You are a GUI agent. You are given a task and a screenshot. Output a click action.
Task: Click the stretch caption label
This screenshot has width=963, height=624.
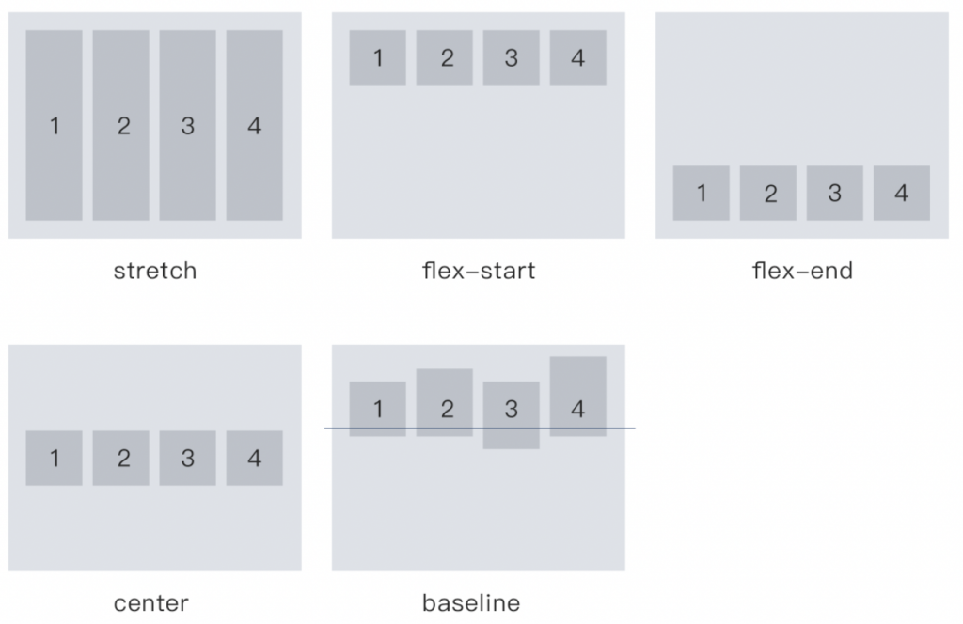[155, 272]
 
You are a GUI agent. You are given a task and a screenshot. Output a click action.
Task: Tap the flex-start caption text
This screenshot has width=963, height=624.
[479, 272]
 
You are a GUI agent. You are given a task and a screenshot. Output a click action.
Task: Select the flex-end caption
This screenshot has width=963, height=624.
[802, 272]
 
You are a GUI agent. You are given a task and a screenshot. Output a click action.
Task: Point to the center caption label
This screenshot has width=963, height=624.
[150, 602]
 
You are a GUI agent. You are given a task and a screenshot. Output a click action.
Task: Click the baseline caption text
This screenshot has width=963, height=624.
[471, 602]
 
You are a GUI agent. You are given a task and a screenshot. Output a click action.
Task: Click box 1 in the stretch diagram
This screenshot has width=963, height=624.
[54, 125]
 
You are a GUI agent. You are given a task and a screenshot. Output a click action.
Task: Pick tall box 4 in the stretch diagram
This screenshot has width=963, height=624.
[254, 125]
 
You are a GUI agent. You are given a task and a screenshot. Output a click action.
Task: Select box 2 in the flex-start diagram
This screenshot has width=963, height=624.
[445, 58]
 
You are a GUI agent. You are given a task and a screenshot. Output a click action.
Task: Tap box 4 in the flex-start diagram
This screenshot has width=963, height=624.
[577, 58]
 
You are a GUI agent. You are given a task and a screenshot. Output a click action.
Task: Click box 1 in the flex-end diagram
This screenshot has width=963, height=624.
[701, 194]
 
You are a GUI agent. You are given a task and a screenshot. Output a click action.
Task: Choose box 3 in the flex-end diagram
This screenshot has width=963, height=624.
[834, 194]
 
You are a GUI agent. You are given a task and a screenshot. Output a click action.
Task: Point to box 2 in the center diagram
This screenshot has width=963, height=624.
[121, 459]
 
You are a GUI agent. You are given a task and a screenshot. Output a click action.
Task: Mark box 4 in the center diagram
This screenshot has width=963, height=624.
[254, 459]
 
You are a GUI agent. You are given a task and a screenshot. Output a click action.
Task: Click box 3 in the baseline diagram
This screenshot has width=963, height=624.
[511, 414]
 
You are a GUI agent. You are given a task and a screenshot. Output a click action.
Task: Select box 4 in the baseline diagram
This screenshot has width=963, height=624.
[577, 396]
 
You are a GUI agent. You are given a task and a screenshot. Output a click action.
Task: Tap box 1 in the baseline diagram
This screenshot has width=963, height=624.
[377, 409]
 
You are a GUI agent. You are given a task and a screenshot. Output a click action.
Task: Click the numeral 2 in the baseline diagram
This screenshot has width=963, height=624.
[447, 409]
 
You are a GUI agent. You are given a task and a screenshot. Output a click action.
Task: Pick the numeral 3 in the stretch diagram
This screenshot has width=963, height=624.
[187, 126]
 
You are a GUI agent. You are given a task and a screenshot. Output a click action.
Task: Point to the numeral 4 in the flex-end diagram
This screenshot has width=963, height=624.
[902, 194]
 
